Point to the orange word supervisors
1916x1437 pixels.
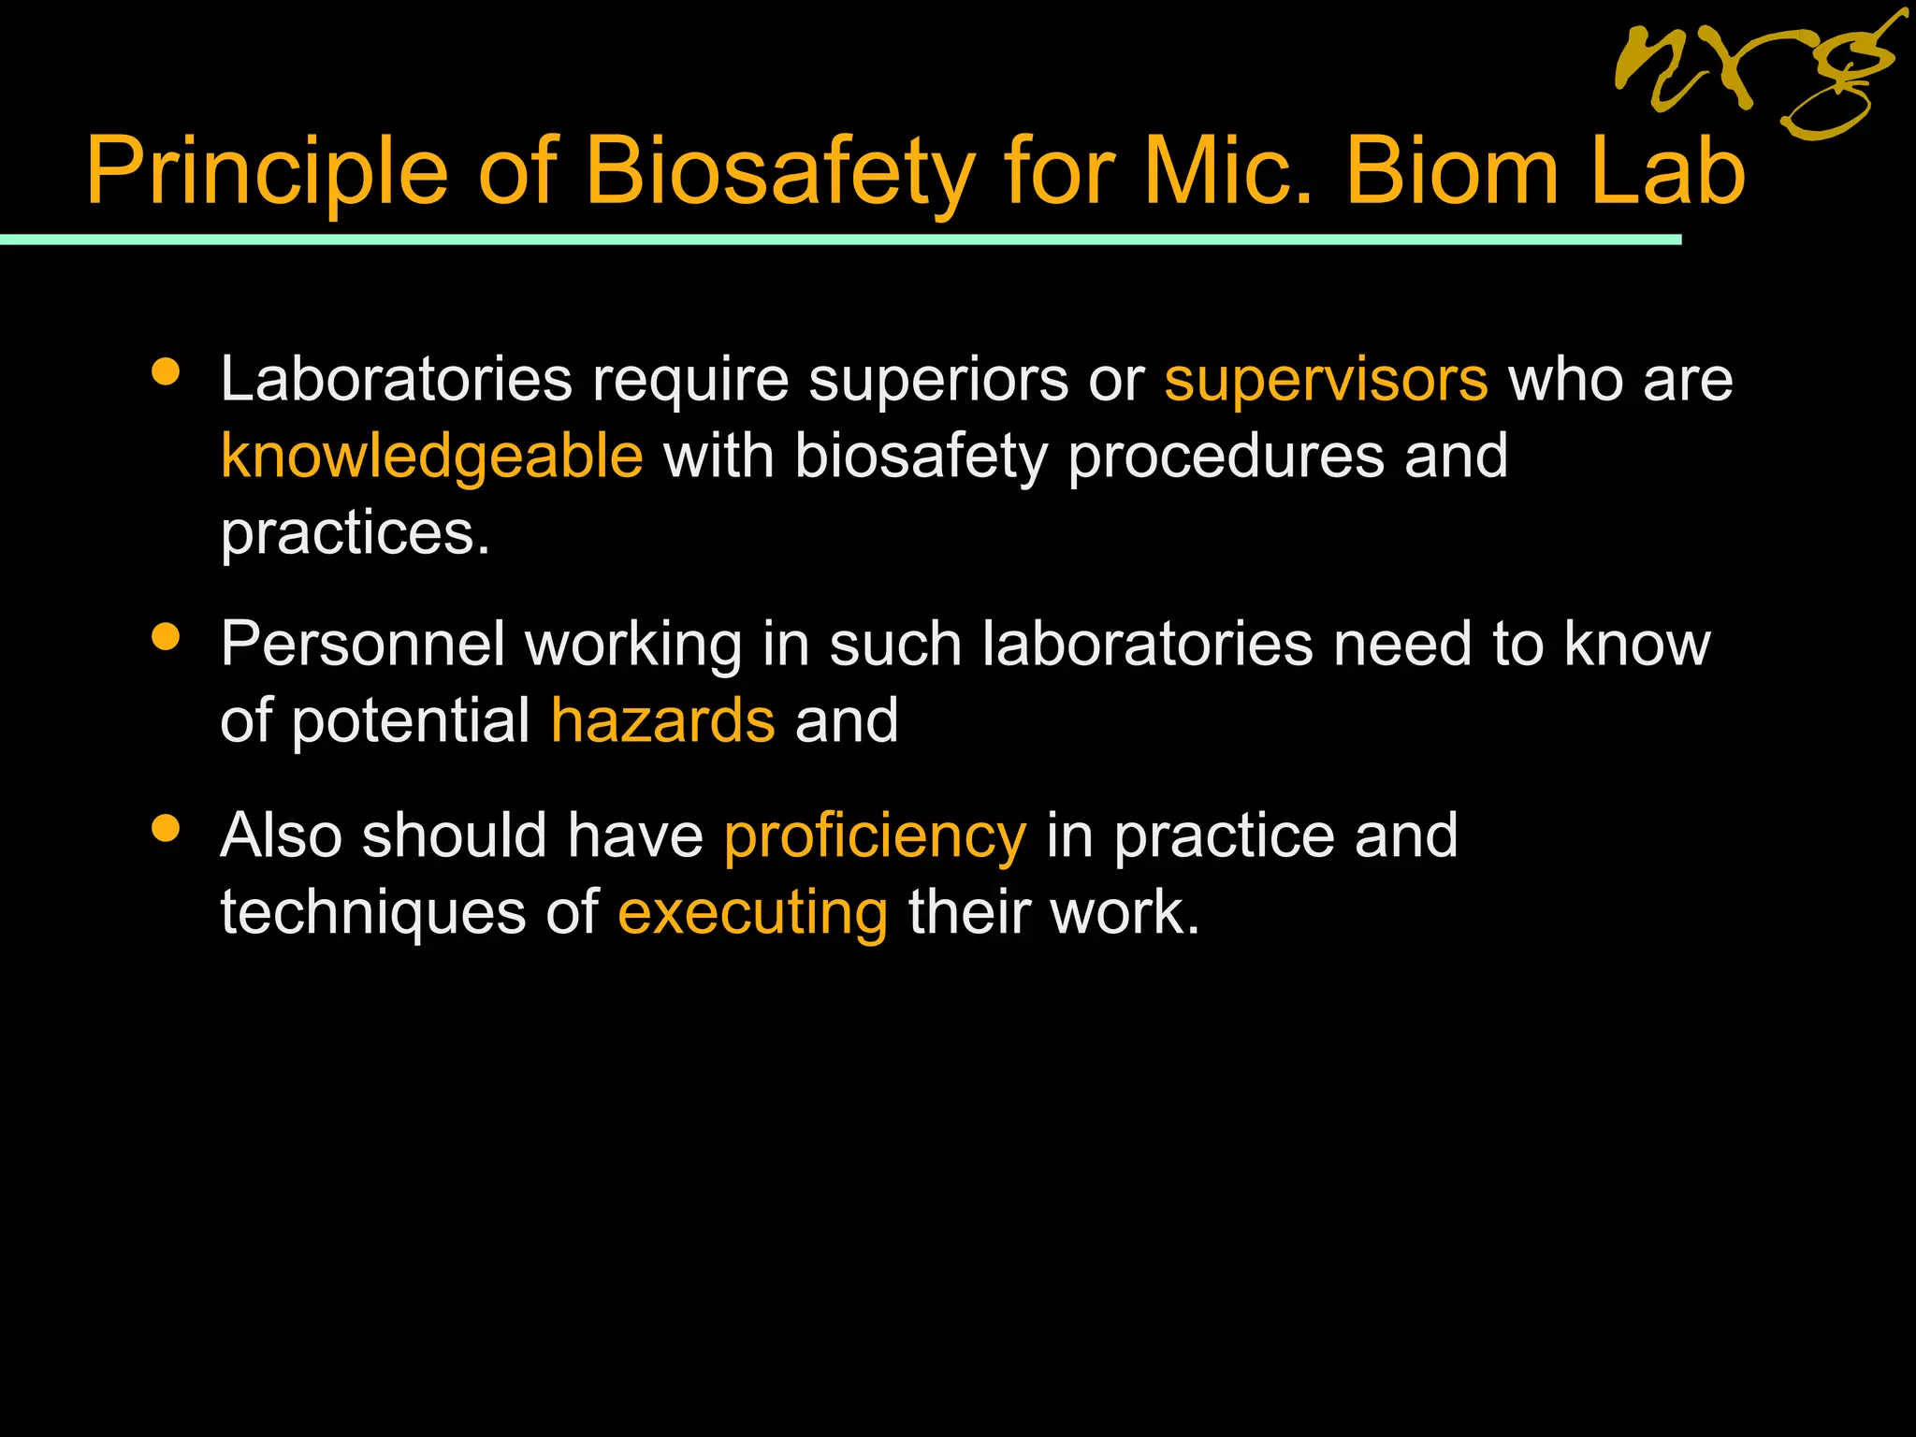click(1326, 380)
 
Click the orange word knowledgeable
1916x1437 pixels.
click(432, 457)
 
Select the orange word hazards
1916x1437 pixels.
click(662, 721)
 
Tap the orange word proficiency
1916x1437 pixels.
click(875, 835)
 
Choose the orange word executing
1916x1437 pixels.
click(752, 912)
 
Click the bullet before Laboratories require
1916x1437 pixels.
click(166, 373)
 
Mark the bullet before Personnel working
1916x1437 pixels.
click(166, 638)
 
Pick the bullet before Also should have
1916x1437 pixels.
click(166, 829)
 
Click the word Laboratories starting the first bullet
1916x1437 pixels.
click(396, 380)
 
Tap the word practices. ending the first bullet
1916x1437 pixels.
click(356, 533)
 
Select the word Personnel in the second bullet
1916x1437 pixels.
click(363, 645)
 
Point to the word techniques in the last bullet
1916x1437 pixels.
click(373, 912)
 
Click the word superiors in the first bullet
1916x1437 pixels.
click(938, 380)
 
